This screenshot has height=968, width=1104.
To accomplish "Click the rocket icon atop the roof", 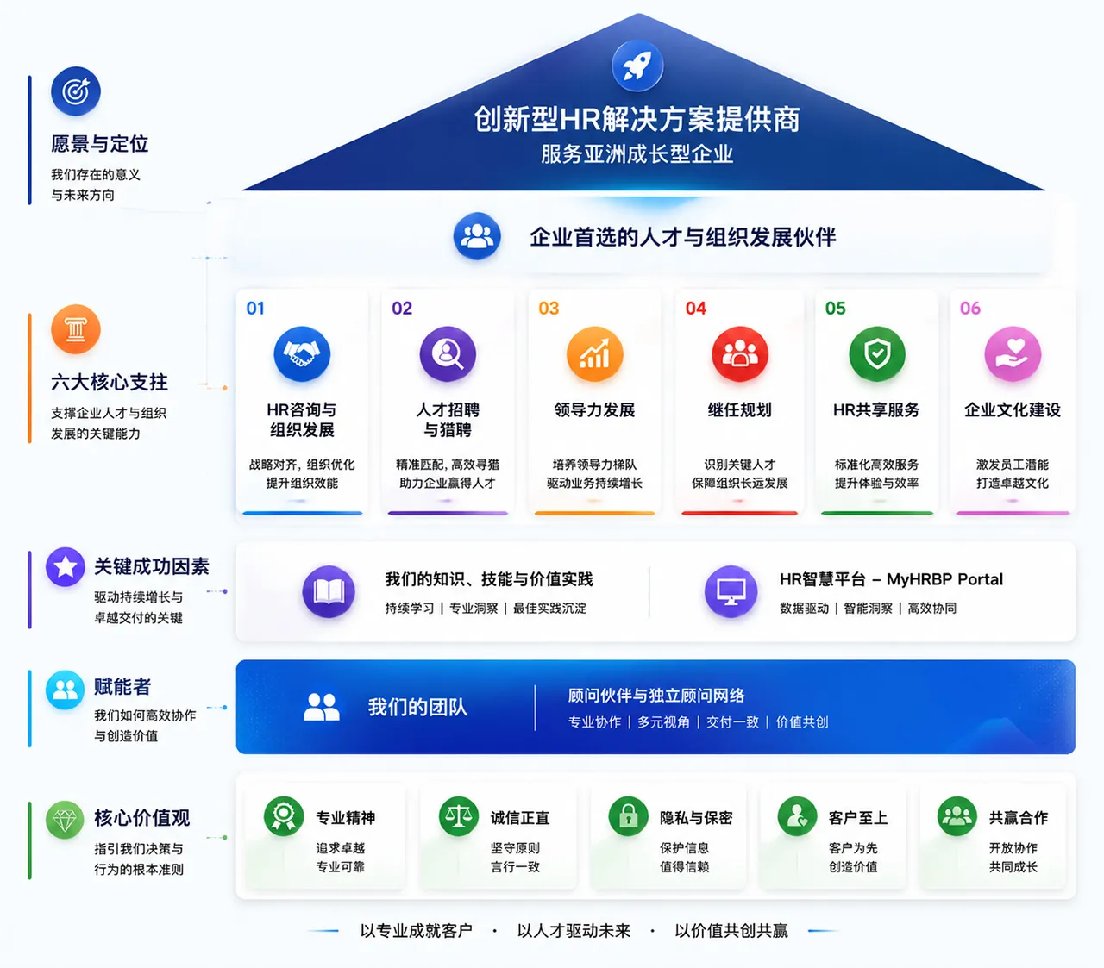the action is click(637, 66).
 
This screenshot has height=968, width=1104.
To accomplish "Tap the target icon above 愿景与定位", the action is click(76, 91).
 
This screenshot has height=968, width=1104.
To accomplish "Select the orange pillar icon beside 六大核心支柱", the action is click(76, 329).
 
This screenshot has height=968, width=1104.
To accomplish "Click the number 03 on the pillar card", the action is click(549, 309).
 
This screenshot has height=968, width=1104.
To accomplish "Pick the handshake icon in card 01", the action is click(301, 354).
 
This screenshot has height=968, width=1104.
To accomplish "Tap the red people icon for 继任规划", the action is click(739, 354).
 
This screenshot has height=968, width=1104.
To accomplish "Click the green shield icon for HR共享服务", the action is click(877, 354).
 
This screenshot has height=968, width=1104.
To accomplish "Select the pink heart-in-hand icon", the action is click(1013, 354).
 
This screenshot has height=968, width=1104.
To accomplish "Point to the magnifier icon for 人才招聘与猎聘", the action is click(448, 354).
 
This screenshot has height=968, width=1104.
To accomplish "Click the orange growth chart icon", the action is click(594, 354).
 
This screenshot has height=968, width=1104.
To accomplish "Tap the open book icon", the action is click(329, 591).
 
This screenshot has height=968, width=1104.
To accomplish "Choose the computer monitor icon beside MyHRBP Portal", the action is click(731, 591).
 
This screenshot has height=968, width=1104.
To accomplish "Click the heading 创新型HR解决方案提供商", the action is click(637, 119).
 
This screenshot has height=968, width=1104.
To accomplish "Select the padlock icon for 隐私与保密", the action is click(628, 816).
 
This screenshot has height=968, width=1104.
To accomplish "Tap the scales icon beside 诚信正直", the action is click(458, 816).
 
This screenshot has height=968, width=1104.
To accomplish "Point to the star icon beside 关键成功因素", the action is click(65, 566).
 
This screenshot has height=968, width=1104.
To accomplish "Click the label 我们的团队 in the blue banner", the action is click(417, 707).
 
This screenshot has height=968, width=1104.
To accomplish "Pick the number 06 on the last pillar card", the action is click(970, 309).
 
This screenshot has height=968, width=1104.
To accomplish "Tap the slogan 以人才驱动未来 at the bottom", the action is click(574, 930).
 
